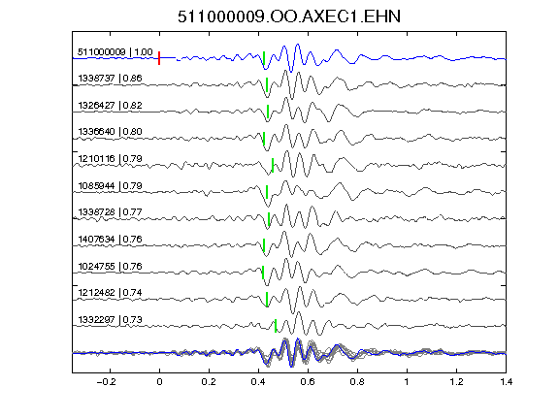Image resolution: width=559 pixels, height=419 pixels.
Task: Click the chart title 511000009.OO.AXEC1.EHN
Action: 289,16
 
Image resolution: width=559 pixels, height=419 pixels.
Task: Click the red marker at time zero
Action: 159,58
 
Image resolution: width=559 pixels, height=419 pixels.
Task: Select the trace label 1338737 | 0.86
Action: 110,78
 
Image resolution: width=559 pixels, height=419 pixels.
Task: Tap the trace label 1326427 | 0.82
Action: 110,105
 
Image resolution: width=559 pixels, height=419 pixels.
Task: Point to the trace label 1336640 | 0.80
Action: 110,132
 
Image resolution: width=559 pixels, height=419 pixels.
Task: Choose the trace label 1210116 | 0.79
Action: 110,158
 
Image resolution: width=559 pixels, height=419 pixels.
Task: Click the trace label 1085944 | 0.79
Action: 110,185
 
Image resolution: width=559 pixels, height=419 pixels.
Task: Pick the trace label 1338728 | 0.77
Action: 110,212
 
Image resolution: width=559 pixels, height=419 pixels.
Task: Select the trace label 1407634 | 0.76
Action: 110,239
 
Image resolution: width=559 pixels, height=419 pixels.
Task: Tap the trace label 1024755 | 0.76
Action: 110,266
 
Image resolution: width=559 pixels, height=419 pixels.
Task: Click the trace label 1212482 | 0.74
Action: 110,293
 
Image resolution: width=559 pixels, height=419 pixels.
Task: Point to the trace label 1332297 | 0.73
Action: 110,320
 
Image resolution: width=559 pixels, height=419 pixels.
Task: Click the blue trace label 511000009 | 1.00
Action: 115,52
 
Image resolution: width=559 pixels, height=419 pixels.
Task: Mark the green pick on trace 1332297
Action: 276,326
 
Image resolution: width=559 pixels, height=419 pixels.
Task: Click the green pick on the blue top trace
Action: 264,58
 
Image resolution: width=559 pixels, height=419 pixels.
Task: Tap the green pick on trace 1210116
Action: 273,165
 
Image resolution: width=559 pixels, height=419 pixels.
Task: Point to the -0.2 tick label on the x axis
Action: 106,382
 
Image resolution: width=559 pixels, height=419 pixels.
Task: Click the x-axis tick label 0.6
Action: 308,382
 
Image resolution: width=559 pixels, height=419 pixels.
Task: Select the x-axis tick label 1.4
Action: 506,382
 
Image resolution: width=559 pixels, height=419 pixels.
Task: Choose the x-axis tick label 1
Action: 407,382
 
